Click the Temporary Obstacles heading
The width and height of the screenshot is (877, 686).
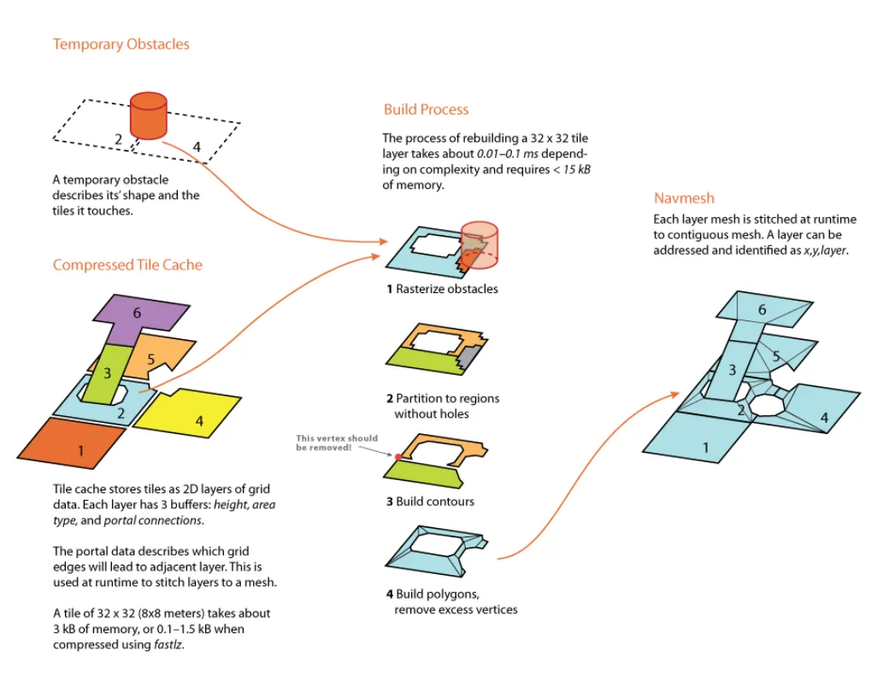coord(121,44)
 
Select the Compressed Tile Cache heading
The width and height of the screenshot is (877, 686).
coord(127,265)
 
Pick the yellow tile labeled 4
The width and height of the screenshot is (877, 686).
coord(191,417)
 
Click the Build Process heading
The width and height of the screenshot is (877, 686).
coord(426,109)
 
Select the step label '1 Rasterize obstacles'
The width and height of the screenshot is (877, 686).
coord(442,289)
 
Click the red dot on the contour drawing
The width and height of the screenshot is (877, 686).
coord(398,458)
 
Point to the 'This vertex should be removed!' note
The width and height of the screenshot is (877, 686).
coord(337,443)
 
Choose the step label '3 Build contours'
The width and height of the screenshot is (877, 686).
coord(429,501)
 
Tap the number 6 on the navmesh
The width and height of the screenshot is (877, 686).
coord(762,310)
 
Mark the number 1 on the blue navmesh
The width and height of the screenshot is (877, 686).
coord(706,447)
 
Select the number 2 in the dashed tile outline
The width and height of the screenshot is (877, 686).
coord(119,139)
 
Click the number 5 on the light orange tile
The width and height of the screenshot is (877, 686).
coord(150,359)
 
